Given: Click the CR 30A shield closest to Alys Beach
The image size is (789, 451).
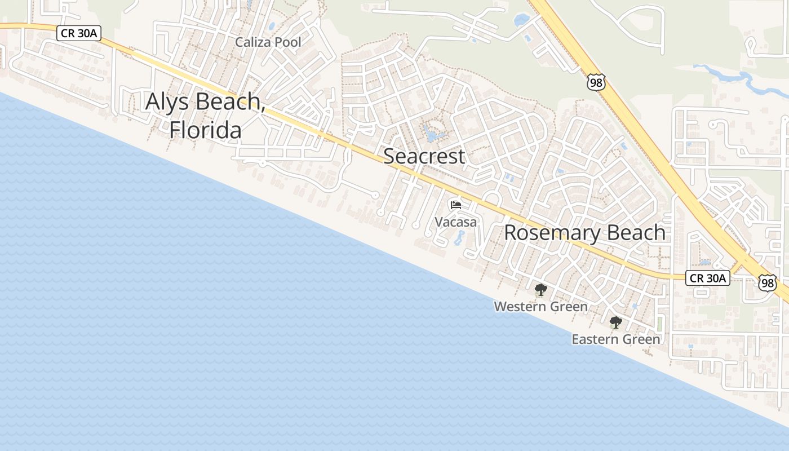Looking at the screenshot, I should [79, 33].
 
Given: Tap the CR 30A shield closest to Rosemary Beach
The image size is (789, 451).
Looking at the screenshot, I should [708, 277].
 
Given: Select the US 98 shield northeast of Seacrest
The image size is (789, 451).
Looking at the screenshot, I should [596, 82].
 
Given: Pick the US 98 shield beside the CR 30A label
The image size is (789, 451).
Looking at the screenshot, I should [767, 282].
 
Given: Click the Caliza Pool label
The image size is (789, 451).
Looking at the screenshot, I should [268, 42].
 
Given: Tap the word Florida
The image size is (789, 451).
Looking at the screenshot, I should [206, 130].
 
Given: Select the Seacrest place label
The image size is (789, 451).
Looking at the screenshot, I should [424, 156].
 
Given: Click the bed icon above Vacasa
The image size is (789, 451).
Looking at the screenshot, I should [456, 205].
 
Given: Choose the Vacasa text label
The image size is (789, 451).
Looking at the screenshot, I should [455, 222].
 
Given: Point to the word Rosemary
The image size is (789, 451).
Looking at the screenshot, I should [550, 232].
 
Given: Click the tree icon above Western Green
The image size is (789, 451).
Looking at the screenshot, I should [540, 290].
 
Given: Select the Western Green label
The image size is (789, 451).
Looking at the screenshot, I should [540, 307].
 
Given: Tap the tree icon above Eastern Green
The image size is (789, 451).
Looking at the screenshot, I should [615, 323].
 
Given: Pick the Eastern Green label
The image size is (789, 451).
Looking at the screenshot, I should [615, 339].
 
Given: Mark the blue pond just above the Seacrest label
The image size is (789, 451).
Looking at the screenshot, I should [432, 135].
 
